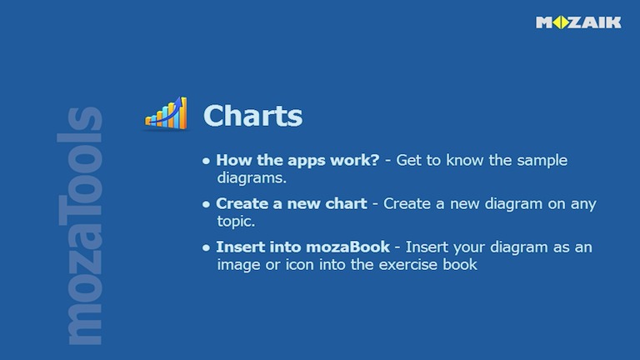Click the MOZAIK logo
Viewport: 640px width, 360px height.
(578, 22)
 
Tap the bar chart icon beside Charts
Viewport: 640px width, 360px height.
(166, 113)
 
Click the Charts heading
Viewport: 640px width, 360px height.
(252, 116)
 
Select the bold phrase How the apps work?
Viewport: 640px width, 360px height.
(297, 160)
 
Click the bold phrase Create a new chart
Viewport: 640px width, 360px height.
(291, 203)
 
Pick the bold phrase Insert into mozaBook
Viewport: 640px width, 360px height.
(302, 247)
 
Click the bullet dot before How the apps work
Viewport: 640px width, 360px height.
(206, 161)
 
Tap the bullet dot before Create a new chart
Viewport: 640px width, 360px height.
(206, 204)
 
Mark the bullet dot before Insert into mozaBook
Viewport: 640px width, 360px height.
(206, 248)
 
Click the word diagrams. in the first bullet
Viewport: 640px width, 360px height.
(252, 177)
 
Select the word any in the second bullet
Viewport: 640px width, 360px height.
(582, 204)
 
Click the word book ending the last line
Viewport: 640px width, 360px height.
(461, 265)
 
